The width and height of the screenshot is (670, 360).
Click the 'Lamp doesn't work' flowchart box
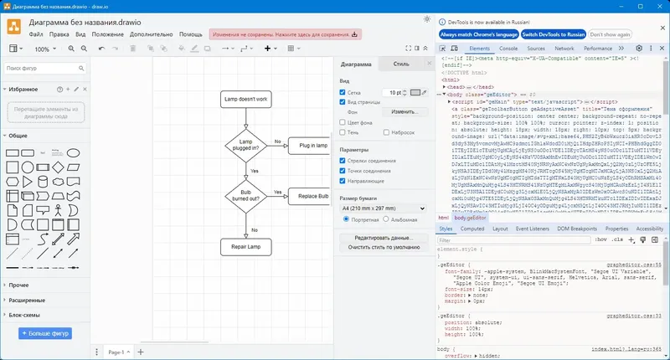click(x=246, y=99)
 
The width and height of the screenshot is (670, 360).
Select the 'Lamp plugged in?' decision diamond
click(x=246, y=145)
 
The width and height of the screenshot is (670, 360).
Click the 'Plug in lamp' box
click(x=307, y=146)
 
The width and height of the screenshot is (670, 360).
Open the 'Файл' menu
click(x=36, y=34)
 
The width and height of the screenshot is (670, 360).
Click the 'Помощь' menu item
click(x=190, y=34)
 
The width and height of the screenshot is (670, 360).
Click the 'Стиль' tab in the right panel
click(x=401, y=64)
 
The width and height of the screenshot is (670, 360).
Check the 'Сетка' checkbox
click(x=343, y=91)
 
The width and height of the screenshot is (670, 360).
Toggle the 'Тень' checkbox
click(x=343, y=132)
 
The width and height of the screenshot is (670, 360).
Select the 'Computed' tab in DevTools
click(x=472, y=228)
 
